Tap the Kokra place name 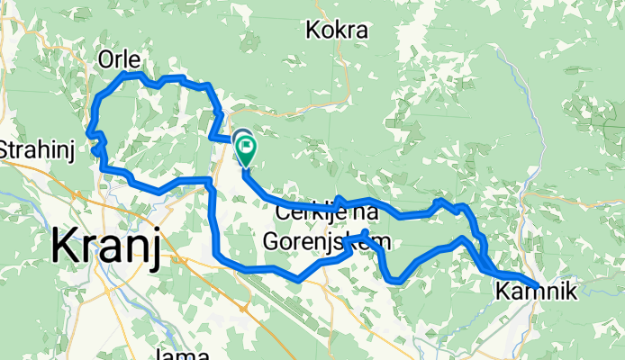pos(338,31)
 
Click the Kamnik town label pos(535,291)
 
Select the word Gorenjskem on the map pos(328,241)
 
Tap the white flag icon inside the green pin pos(245,145)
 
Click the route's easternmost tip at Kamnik pos(538,286)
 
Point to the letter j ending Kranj pos(156,247)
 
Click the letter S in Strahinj pos(7,148)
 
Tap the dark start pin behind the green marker pos(240,138)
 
